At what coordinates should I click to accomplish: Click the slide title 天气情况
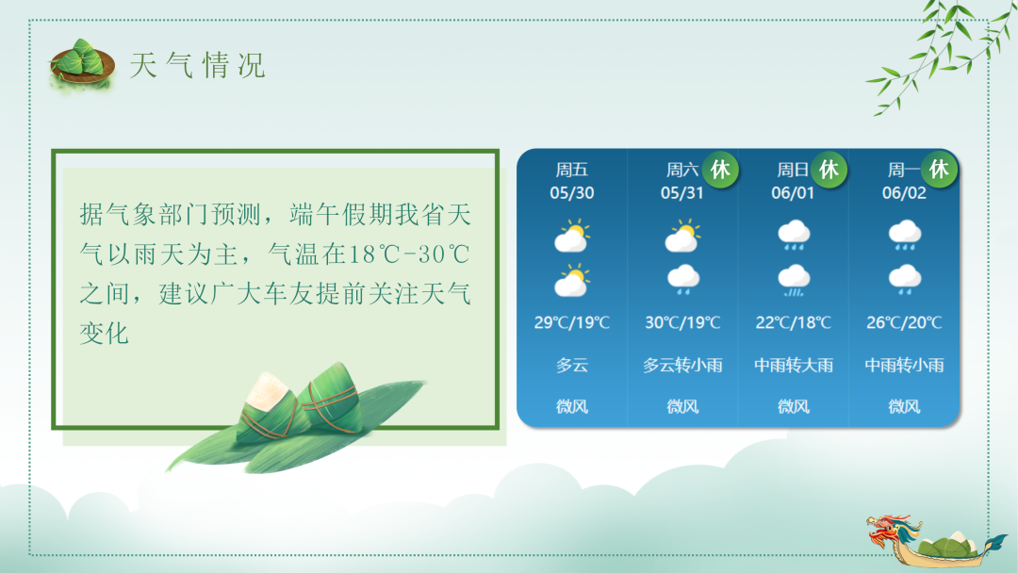click(198, 66)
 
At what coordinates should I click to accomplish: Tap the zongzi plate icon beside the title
click(81, 63)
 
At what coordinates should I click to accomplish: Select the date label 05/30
click(572, 193)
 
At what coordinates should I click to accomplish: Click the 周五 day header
click(572, 171)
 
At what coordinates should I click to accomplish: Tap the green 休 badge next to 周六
click(720, 170)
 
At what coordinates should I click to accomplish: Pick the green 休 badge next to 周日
click(829, 170)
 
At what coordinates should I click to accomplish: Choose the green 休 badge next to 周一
click(939, 170)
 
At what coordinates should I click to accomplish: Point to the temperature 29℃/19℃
click(572, 323)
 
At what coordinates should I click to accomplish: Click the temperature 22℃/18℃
click(794, 323)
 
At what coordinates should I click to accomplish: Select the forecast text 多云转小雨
click(682, 366)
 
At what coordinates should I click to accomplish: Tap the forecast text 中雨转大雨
click(794, 366)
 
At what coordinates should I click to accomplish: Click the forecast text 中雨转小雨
click(904, 366)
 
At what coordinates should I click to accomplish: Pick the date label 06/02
click(904, 193)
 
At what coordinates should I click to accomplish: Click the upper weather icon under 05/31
click(682, 237)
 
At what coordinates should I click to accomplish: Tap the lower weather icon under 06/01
click(794, 279)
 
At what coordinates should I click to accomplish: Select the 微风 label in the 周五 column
click(572, 407)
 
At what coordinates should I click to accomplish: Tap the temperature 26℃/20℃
click(904, 323)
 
